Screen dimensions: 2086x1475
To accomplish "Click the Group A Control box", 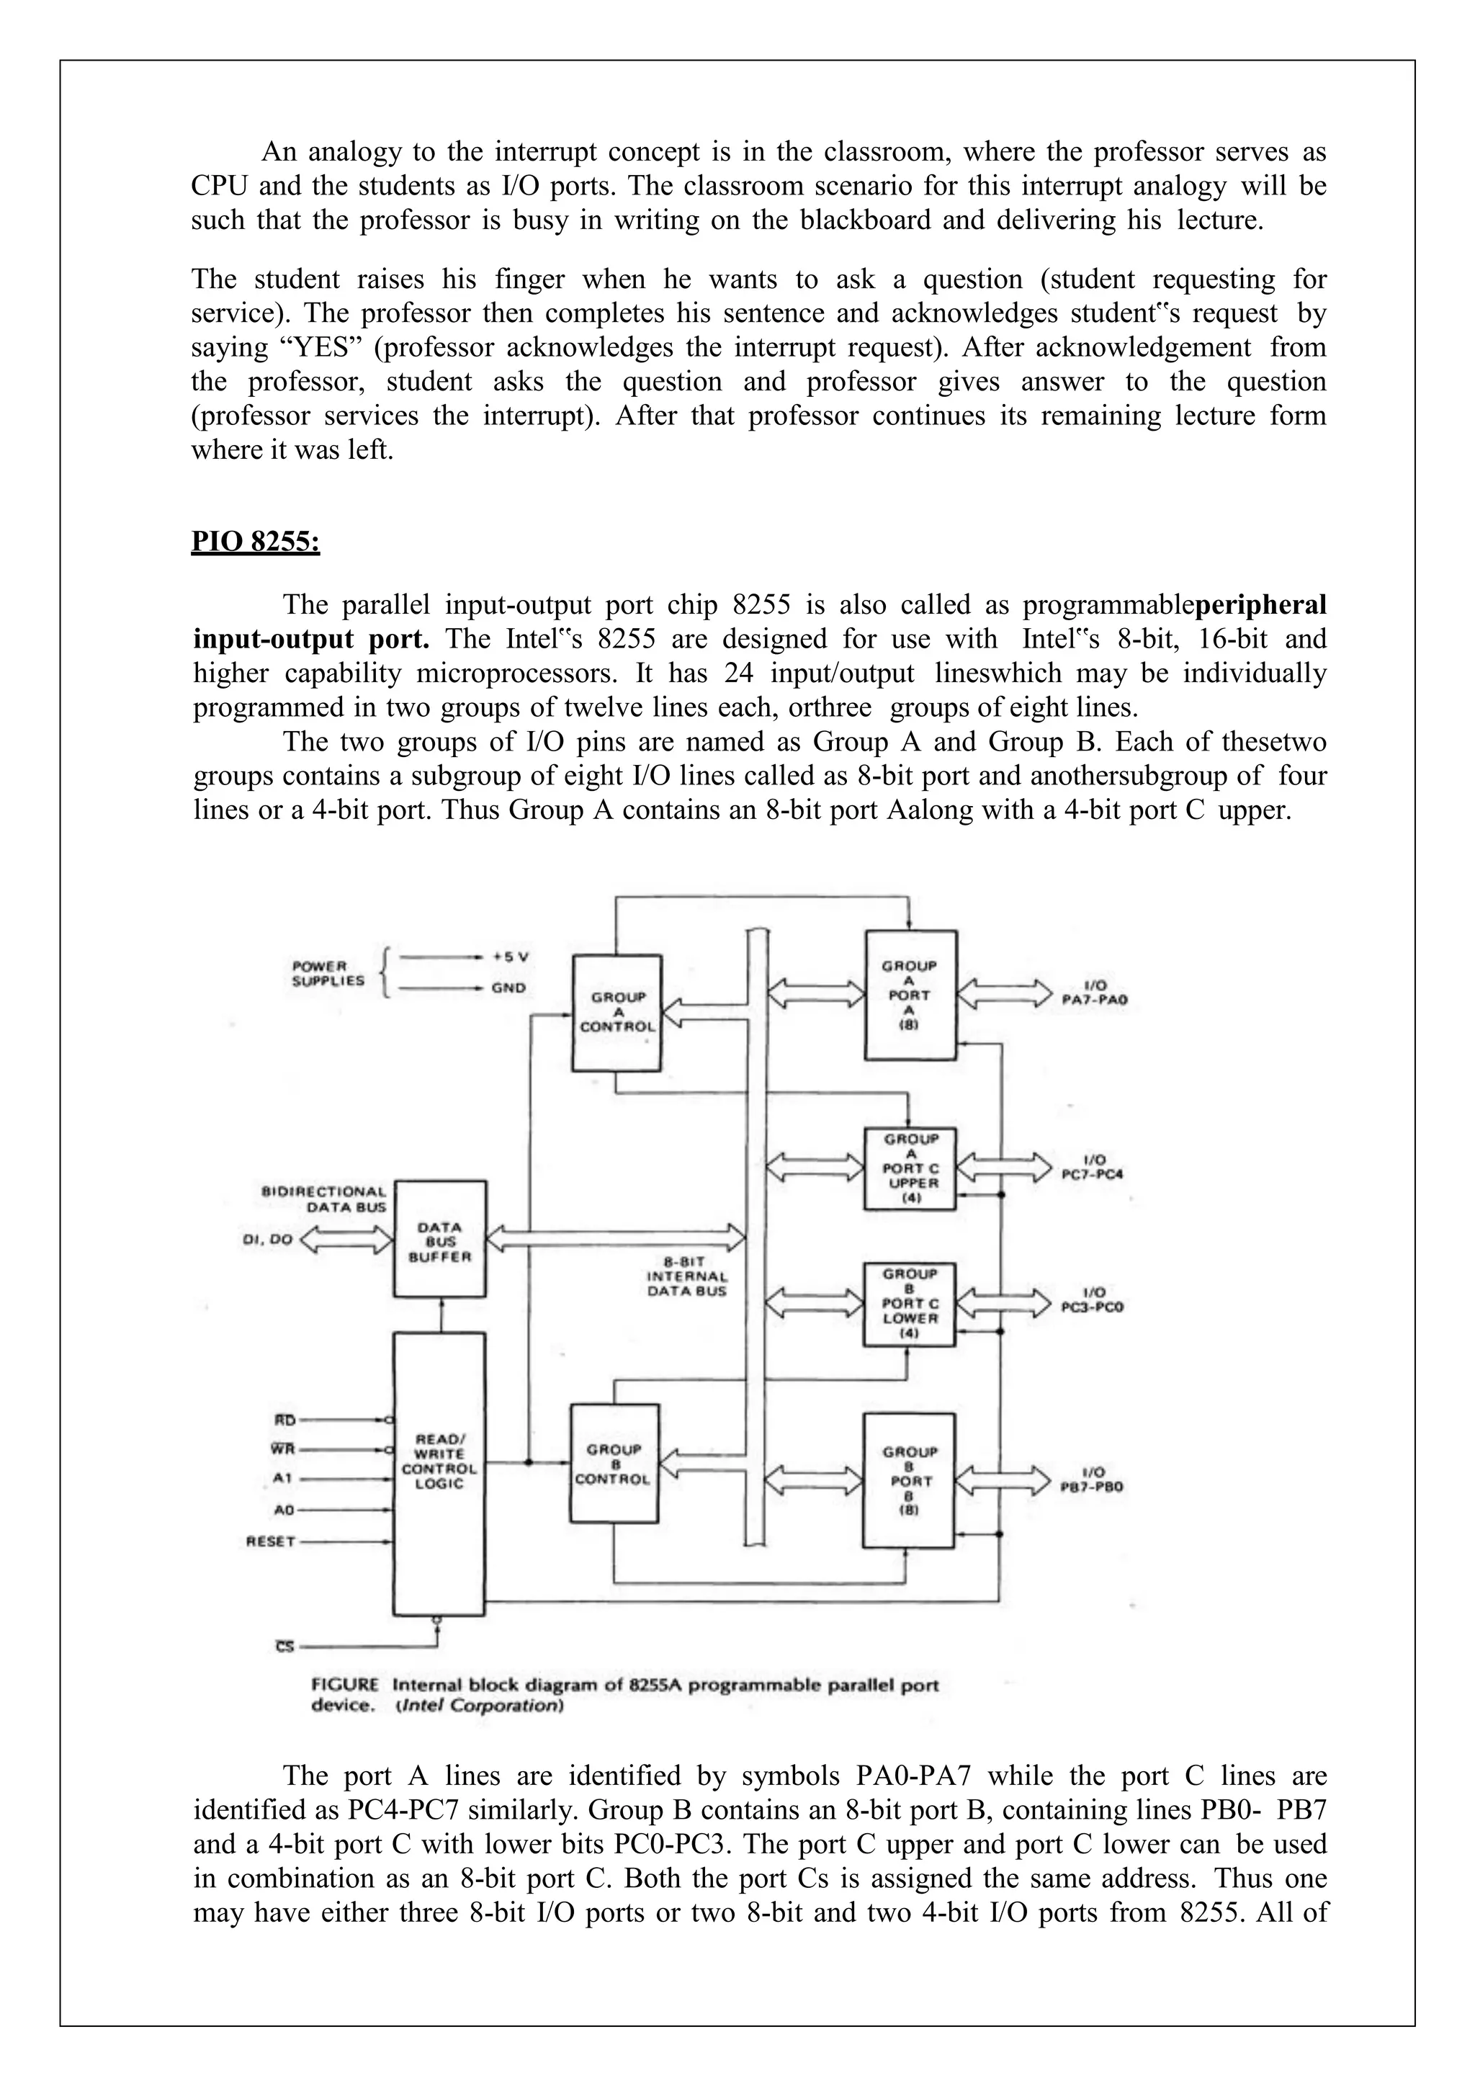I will tap(617, 1012).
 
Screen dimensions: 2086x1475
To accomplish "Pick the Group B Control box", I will tap(613, 1464).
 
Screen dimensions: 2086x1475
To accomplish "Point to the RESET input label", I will tap(271, 1541).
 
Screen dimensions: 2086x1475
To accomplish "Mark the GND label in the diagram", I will tap(508, 988).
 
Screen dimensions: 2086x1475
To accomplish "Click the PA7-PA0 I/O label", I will tap(1093, 993).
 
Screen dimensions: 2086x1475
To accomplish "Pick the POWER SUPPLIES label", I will tap(328, 973).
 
